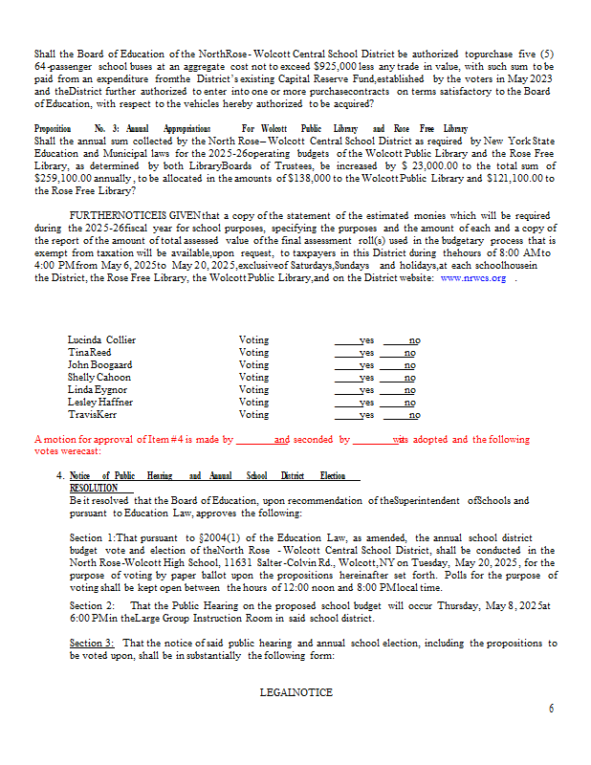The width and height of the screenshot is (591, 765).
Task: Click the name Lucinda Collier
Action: coord(101,339)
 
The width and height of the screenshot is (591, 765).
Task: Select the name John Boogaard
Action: coord(99,364)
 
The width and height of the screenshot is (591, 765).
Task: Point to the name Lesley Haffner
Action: coord(99,402)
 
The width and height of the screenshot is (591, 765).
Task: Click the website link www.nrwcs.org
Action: coord(472,277)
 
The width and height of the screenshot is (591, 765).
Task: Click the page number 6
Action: coord(551,709)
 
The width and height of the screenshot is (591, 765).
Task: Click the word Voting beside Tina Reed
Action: coord(253,352)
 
